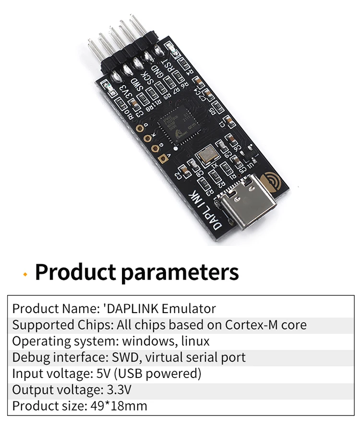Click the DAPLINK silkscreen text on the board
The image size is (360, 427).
pyautogui.click(x=207, y=212)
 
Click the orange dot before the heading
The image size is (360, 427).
pyautogui.click(x=25, y=273)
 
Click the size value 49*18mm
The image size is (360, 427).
pyautogui.click(x=119, y=406)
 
